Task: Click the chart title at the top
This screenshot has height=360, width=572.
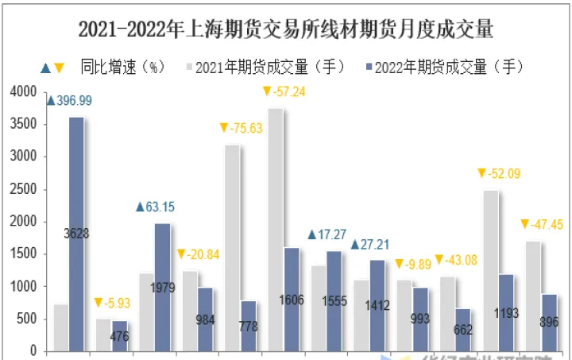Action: (286, 30)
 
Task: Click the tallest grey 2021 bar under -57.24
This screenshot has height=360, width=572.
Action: (276, 230)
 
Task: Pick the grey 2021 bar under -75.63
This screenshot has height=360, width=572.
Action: (233, 246)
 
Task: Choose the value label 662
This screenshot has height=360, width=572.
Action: (463, 329)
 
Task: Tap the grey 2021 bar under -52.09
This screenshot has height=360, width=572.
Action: (491, 270)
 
